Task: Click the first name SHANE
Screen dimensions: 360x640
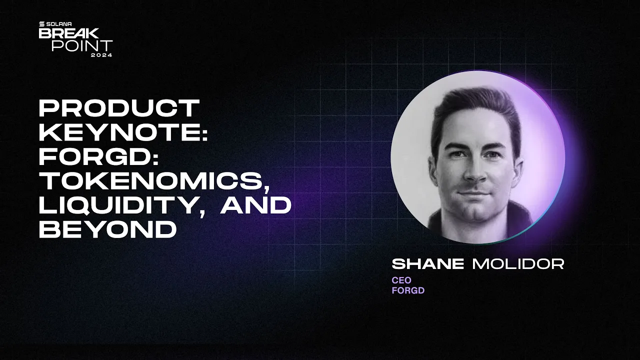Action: (428, 264)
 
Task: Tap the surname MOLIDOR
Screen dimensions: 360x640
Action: (518, 264)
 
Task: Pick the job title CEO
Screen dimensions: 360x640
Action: (401, 280)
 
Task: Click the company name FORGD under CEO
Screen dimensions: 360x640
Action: (408, 290)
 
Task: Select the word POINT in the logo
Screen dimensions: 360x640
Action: (82, 45)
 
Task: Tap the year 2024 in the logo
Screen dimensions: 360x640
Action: (101, 55)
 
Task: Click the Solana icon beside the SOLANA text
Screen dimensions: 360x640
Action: (42, 23)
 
